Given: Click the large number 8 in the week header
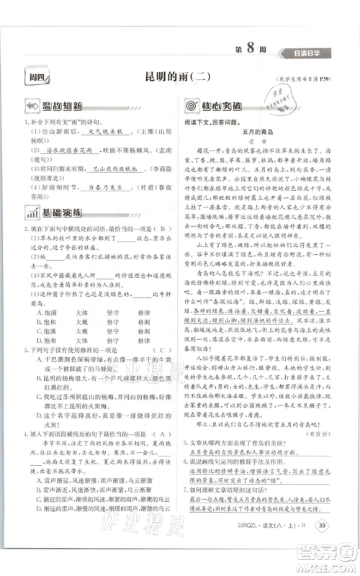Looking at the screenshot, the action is [269, 50].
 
